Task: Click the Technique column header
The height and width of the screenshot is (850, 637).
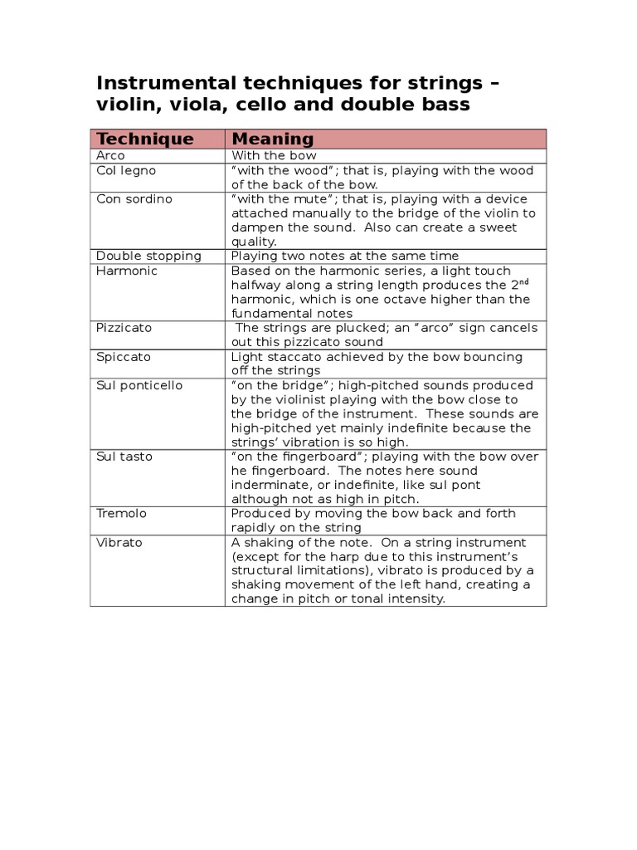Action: point(145,139)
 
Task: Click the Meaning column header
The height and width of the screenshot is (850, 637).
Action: point(272,139)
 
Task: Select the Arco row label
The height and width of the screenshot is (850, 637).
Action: point(110,156)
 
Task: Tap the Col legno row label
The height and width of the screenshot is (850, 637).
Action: point(126,171)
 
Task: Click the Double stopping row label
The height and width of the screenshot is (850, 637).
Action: point(148,256)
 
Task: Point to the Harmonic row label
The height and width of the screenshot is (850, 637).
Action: point(127,271)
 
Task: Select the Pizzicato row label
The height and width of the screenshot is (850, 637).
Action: point(124,328)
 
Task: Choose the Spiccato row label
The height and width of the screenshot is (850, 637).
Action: point(124,357)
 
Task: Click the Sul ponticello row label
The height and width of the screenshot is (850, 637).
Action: point(139,386)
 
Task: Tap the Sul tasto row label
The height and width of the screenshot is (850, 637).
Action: point(124,457)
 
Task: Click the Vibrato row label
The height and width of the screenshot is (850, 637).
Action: point(119,543)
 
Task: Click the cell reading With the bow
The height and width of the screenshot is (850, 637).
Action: point(274,156)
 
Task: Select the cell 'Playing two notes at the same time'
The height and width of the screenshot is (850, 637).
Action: point(344,256)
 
